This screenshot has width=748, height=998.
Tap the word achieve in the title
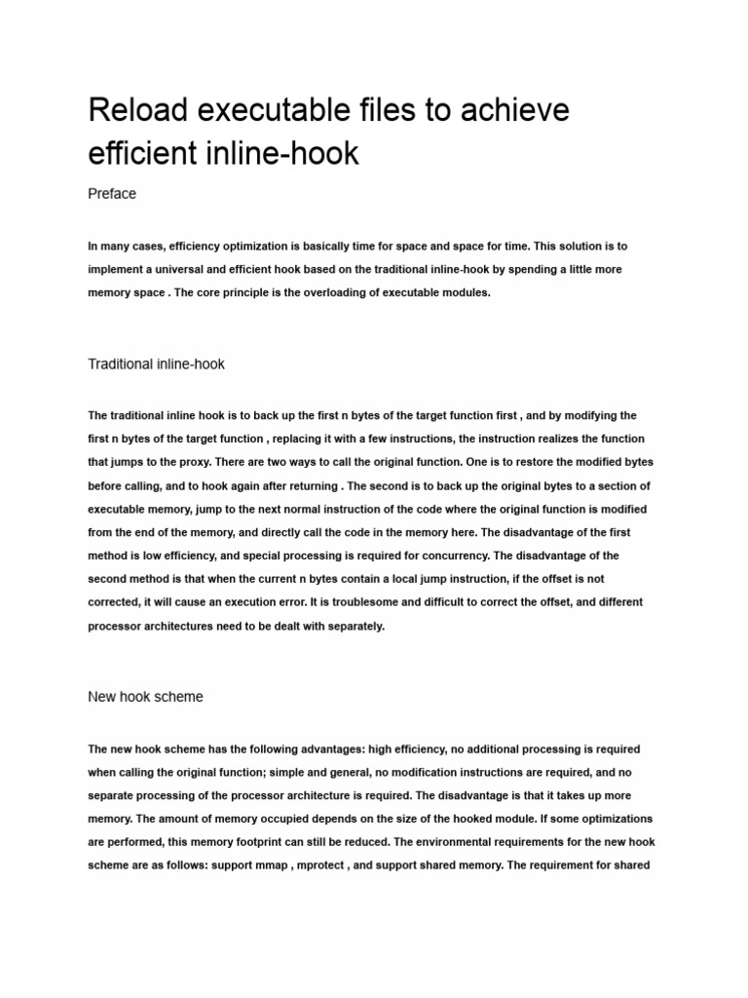pyautogui.click(x=512, y=112)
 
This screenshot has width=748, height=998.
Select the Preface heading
pyautogui.click(x=112, y=194)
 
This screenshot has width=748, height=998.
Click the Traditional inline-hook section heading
pyautogui.click(x=157, y=365)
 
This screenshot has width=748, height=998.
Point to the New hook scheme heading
pyautogui.click(x=146, y=698)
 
